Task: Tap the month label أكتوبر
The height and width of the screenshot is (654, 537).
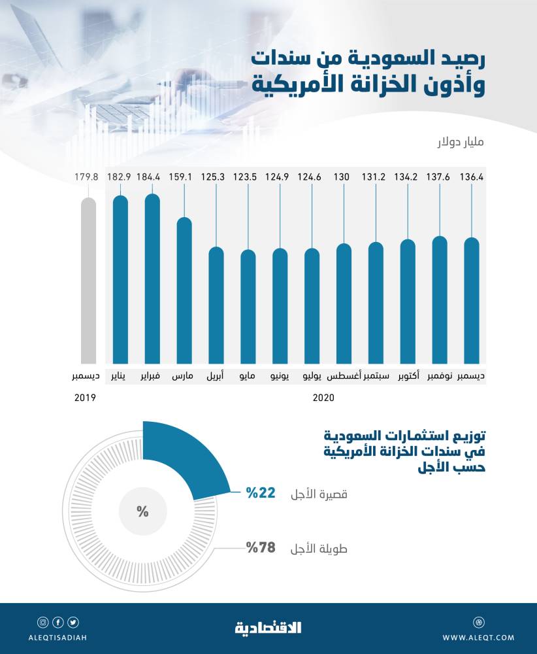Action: click(408, 377)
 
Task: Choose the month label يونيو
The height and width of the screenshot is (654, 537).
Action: click(280, 377)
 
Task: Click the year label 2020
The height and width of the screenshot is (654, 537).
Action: click(323, 398)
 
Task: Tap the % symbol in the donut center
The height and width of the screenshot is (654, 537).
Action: click(142, 511)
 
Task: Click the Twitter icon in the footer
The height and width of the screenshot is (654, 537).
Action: click(73, 622)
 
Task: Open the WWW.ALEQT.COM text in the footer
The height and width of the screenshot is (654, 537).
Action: click(478, 637)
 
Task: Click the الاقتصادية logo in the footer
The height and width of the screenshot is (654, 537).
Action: click(268, 628)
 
